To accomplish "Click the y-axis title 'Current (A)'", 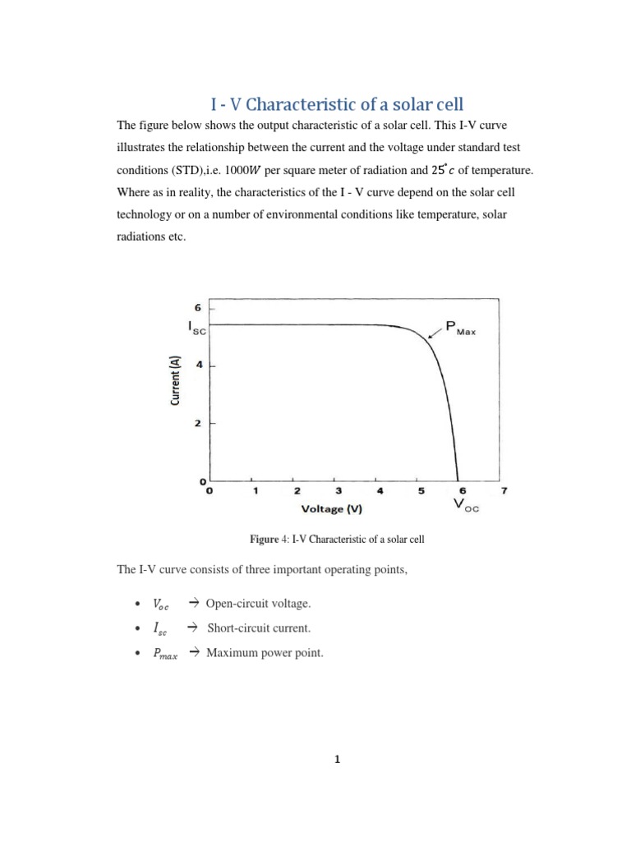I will point(175,379).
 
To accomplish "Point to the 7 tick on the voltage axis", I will point(504,491).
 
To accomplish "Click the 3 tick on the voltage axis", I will point(338,491).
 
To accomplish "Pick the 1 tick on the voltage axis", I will point(256,491).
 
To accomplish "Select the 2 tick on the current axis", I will point(198,423).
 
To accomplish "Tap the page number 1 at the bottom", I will point(337,759).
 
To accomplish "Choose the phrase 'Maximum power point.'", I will point(261,653).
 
